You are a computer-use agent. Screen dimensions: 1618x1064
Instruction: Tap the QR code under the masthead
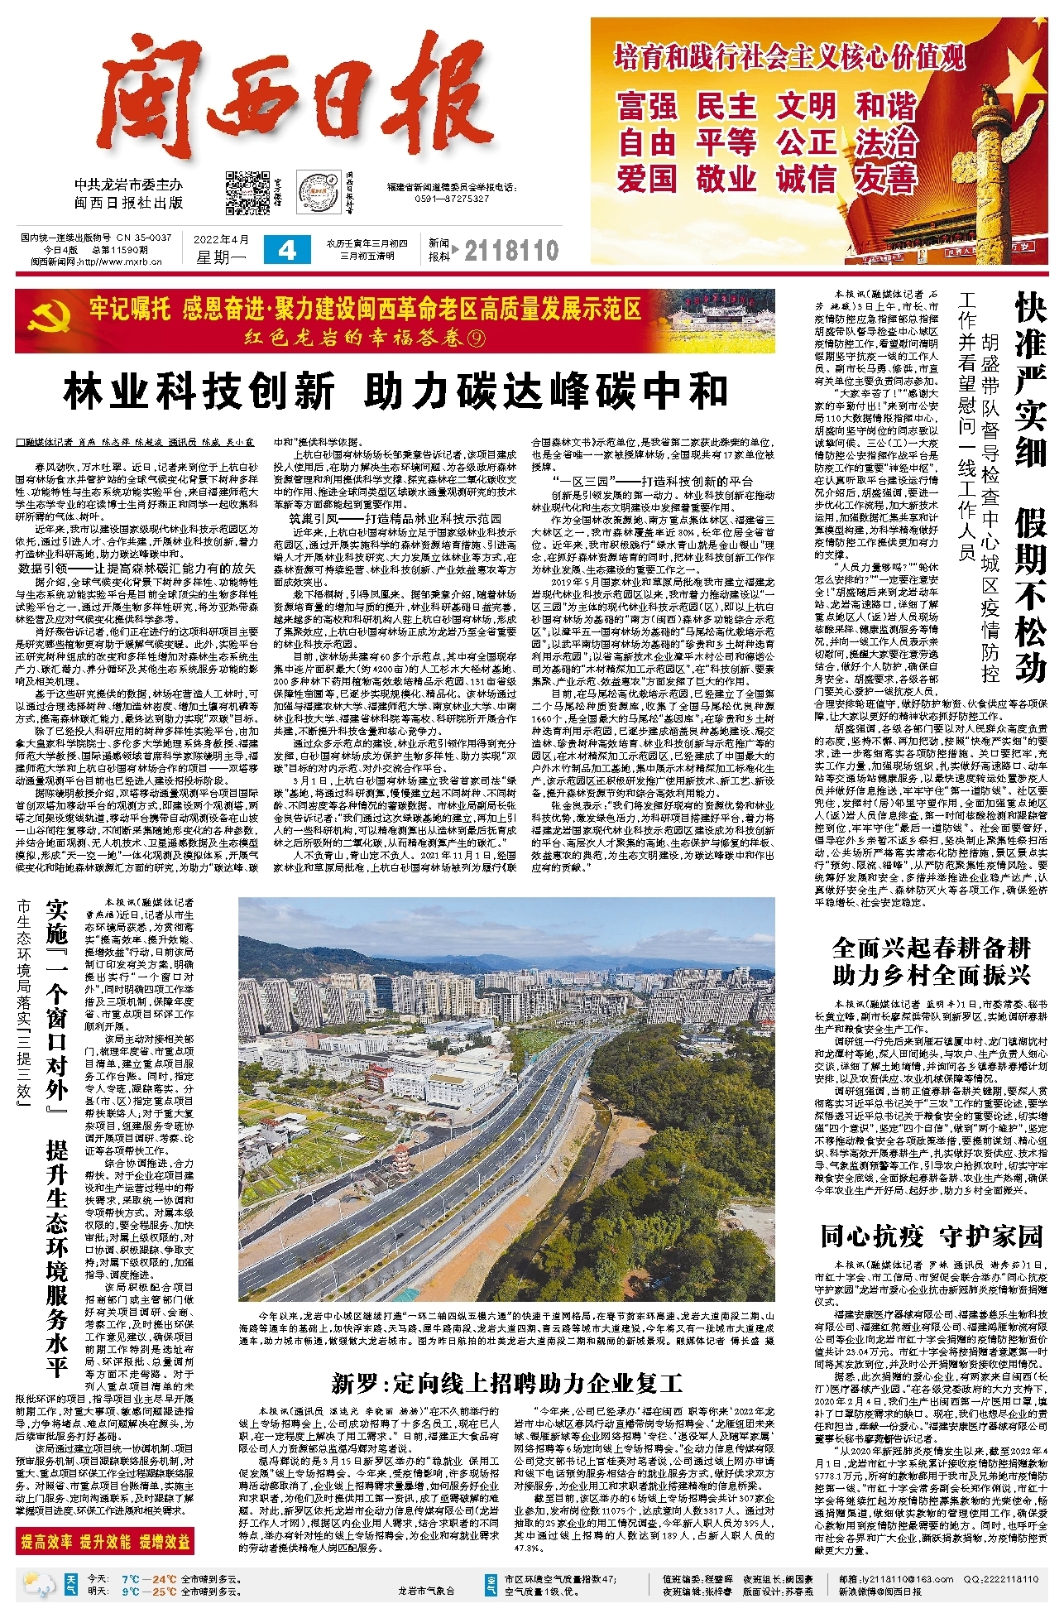(244, 192)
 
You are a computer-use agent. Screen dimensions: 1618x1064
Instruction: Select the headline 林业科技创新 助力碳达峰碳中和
(395, 391)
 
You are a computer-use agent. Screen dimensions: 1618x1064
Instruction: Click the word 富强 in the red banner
(646, 107)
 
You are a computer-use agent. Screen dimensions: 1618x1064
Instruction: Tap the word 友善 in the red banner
(886, 178)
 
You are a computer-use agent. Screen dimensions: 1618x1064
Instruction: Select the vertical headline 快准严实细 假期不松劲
(1029, 488)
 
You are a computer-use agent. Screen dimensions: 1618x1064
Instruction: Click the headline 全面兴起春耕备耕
(931, 947)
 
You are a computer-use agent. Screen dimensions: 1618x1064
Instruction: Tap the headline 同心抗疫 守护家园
(931, 1236)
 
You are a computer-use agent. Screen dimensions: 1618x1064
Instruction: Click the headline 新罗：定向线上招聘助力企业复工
(506, 1383)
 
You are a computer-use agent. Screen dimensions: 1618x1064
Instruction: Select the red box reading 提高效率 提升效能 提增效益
(105, 1541)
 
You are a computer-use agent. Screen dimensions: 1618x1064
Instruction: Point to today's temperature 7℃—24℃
(148, 1578)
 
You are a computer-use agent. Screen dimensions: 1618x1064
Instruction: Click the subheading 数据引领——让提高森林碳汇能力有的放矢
(137, 569)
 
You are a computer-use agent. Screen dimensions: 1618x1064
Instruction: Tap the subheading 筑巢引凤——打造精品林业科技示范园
(395, 519)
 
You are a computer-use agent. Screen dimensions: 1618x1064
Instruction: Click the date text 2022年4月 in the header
(221, 240)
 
